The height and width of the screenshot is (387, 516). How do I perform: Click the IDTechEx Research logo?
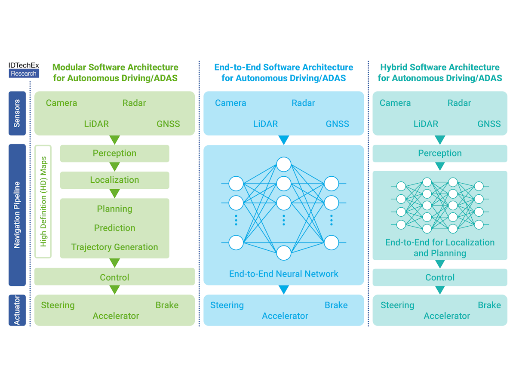point(24,70)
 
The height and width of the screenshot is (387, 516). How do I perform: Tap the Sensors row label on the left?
point(17,113)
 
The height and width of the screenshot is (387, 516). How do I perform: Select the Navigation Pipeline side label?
point(17,215)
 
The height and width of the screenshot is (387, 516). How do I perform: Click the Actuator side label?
point(17,310)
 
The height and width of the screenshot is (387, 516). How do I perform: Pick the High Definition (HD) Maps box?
point(43,201)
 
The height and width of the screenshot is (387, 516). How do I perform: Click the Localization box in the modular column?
point(114,180)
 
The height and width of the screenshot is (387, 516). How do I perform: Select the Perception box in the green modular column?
point(114,154)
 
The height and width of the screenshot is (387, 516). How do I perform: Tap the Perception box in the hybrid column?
point(440,154)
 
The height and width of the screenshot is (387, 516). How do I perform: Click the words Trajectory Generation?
point(114,247)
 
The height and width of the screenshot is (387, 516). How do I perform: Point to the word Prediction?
point(114,228)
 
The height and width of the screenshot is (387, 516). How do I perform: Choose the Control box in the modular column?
point(114,277)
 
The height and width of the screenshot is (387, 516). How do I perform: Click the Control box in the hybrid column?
point(440,277)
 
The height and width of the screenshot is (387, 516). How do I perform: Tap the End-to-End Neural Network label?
point(284,274)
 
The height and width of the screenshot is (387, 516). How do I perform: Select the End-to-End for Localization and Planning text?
point(440,248)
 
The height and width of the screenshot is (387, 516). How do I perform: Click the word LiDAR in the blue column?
point(265,124)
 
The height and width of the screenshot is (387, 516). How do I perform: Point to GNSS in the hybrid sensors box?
point(489,124)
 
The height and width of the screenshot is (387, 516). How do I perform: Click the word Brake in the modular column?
point(167,305)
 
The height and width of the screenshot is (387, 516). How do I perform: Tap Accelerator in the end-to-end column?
point(285,316)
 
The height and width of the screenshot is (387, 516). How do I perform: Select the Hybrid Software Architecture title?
point(440,73)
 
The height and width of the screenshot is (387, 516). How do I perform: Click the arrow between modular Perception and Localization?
point(114,167)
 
